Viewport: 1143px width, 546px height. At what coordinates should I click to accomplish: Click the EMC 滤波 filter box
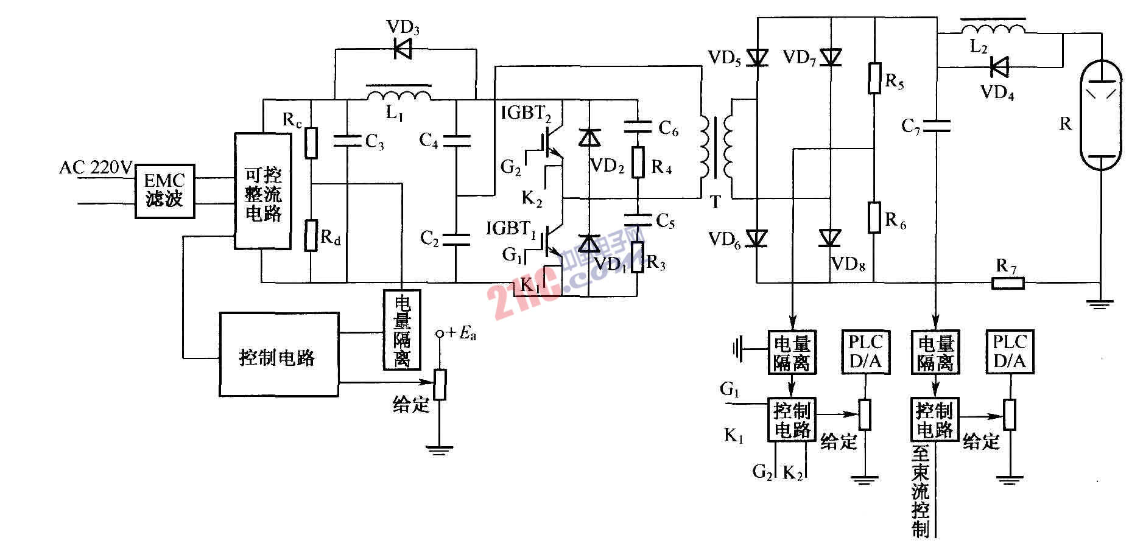[x=164, y=191]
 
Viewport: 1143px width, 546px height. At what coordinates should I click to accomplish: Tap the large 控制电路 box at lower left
[x=278, y=355]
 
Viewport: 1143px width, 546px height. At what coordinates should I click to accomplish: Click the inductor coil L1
[x=399, y=96]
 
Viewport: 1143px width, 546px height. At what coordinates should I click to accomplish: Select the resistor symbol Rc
[x=311, y=143]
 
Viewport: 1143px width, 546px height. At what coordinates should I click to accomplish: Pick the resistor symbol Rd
[x=311, y=235]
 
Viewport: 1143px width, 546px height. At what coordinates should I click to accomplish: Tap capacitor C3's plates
[x=347, y=141]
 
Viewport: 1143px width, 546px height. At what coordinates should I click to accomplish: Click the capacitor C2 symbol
[x=456, y=239]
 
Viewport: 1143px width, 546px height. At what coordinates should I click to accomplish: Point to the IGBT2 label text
[x=526, y=113]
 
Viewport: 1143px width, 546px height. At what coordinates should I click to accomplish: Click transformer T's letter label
[x=716, y=202]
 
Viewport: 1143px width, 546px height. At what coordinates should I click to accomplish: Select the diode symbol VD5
[x=757, y=58]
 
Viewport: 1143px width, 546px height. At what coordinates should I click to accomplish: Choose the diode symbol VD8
[x=830, y=237]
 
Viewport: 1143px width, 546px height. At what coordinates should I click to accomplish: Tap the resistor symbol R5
[x=874, y=79]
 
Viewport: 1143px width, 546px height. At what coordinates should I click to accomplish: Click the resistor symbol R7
[x=1008, y=282]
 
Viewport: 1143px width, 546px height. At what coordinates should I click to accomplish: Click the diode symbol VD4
[x=999, y=67]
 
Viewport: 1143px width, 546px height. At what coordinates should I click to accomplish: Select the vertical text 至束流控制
[x=921, y=491]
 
